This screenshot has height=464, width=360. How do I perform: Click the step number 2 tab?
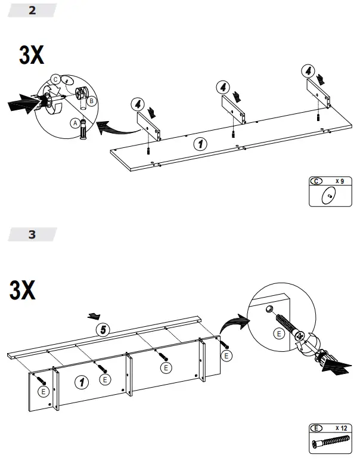point(32,10)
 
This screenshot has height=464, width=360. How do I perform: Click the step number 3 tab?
point(32,234)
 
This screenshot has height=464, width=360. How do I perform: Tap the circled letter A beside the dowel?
point(75,123)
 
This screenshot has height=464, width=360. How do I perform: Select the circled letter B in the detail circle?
point(91,101)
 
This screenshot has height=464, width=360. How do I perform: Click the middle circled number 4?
point(222,87)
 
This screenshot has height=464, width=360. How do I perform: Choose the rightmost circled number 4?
point(307,70)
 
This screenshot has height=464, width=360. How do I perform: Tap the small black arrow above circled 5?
point(92,315)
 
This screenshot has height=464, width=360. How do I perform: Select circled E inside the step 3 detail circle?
point(278,334)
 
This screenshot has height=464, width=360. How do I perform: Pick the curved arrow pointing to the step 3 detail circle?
point(233,326)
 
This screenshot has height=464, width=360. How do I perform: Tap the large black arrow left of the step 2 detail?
point(23,104)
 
